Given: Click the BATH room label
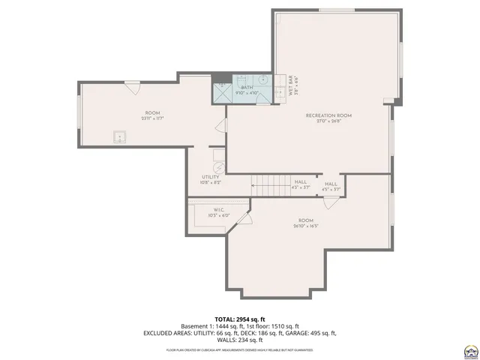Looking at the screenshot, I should pyautogui.click(x=247, y=88).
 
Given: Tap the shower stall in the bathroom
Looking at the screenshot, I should pyautogui.click(x=222, y=92).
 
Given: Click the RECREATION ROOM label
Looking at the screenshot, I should pyautogui.click(x=328, y=115).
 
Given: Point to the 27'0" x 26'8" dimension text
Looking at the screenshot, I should pyautogui.click(x=328, y=121).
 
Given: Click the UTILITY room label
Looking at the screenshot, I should pyautogui.click(x=210, y=178).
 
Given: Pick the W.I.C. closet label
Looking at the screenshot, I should pyautogui.click(x=219, y=210).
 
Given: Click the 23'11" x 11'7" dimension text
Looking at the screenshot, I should pyautogui.click(x=152, y=118).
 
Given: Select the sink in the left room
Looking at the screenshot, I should pyautogui.click(x=118, y=136).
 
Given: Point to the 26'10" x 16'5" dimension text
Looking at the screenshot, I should pyautogui.click(x=305, y=226).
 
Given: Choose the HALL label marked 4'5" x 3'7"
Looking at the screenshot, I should pyautogui.click(x=331, y=184).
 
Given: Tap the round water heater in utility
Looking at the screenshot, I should pyautogui.click(x=217, y=168).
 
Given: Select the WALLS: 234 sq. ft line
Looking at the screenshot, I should pyautogui.click(x=239, y=340).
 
